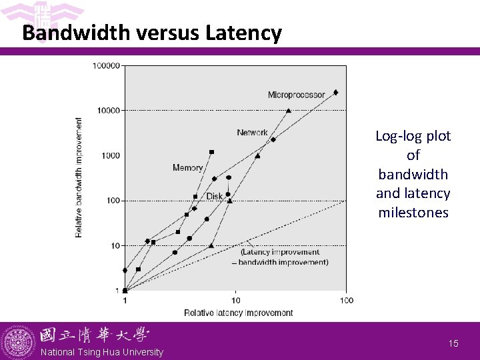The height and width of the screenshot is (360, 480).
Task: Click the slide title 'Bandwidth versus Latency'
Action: tap(152, 33)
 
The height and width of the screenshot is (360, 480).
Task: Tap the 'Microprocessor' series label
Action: tap(296, 95)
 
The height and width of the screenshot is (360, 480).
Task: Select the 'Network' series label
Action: tap(252, 133)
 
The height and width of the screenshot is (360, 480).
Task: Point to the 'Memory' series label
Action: tap(187, 168)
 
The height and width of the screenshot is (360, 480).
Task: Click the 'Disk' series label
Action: tap(214, 196)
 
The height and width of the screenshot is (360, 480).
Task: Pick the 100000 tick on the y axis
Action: tap(106, 65)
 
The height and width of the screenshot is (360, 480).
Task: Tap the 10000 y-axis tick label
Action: tap(108, 110)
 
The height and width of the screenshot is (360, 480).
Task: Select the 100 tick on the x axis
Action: tap(346, 301)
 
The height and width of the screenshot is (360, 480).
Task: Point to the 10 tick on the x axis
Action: tap(235, 301)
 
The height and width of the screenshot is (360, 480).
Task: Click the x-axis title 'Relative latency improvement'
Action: tap(238, 313)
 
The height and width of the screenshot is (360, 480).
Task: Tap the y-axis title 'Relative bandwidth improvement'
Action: tap(79, 177)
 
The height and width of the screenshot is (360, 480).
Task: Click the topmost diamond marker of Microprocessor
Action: tap(335, 93)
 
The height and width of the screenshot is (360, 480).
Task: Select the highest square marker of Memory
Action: tap(211, 152)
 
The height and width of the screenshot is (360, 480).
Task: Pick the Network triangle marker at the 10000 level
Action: tap(288, 111)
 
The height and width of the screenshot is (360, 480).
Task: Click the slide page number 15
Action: tap(453, 343)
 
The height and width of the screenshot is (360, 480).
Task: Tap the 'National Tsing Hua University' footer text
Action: tap(101, 352)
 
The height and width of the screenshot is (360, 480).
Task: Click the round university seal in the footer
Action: tap(18, 342)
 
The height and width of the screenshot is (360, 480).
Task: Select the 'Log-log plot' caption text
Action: tap(413, 136)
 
